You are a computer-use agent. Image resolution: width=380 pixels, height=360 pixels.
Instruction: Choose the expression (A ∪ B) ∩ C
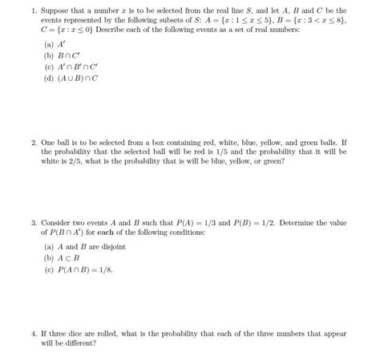click(x=83, y=79)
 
